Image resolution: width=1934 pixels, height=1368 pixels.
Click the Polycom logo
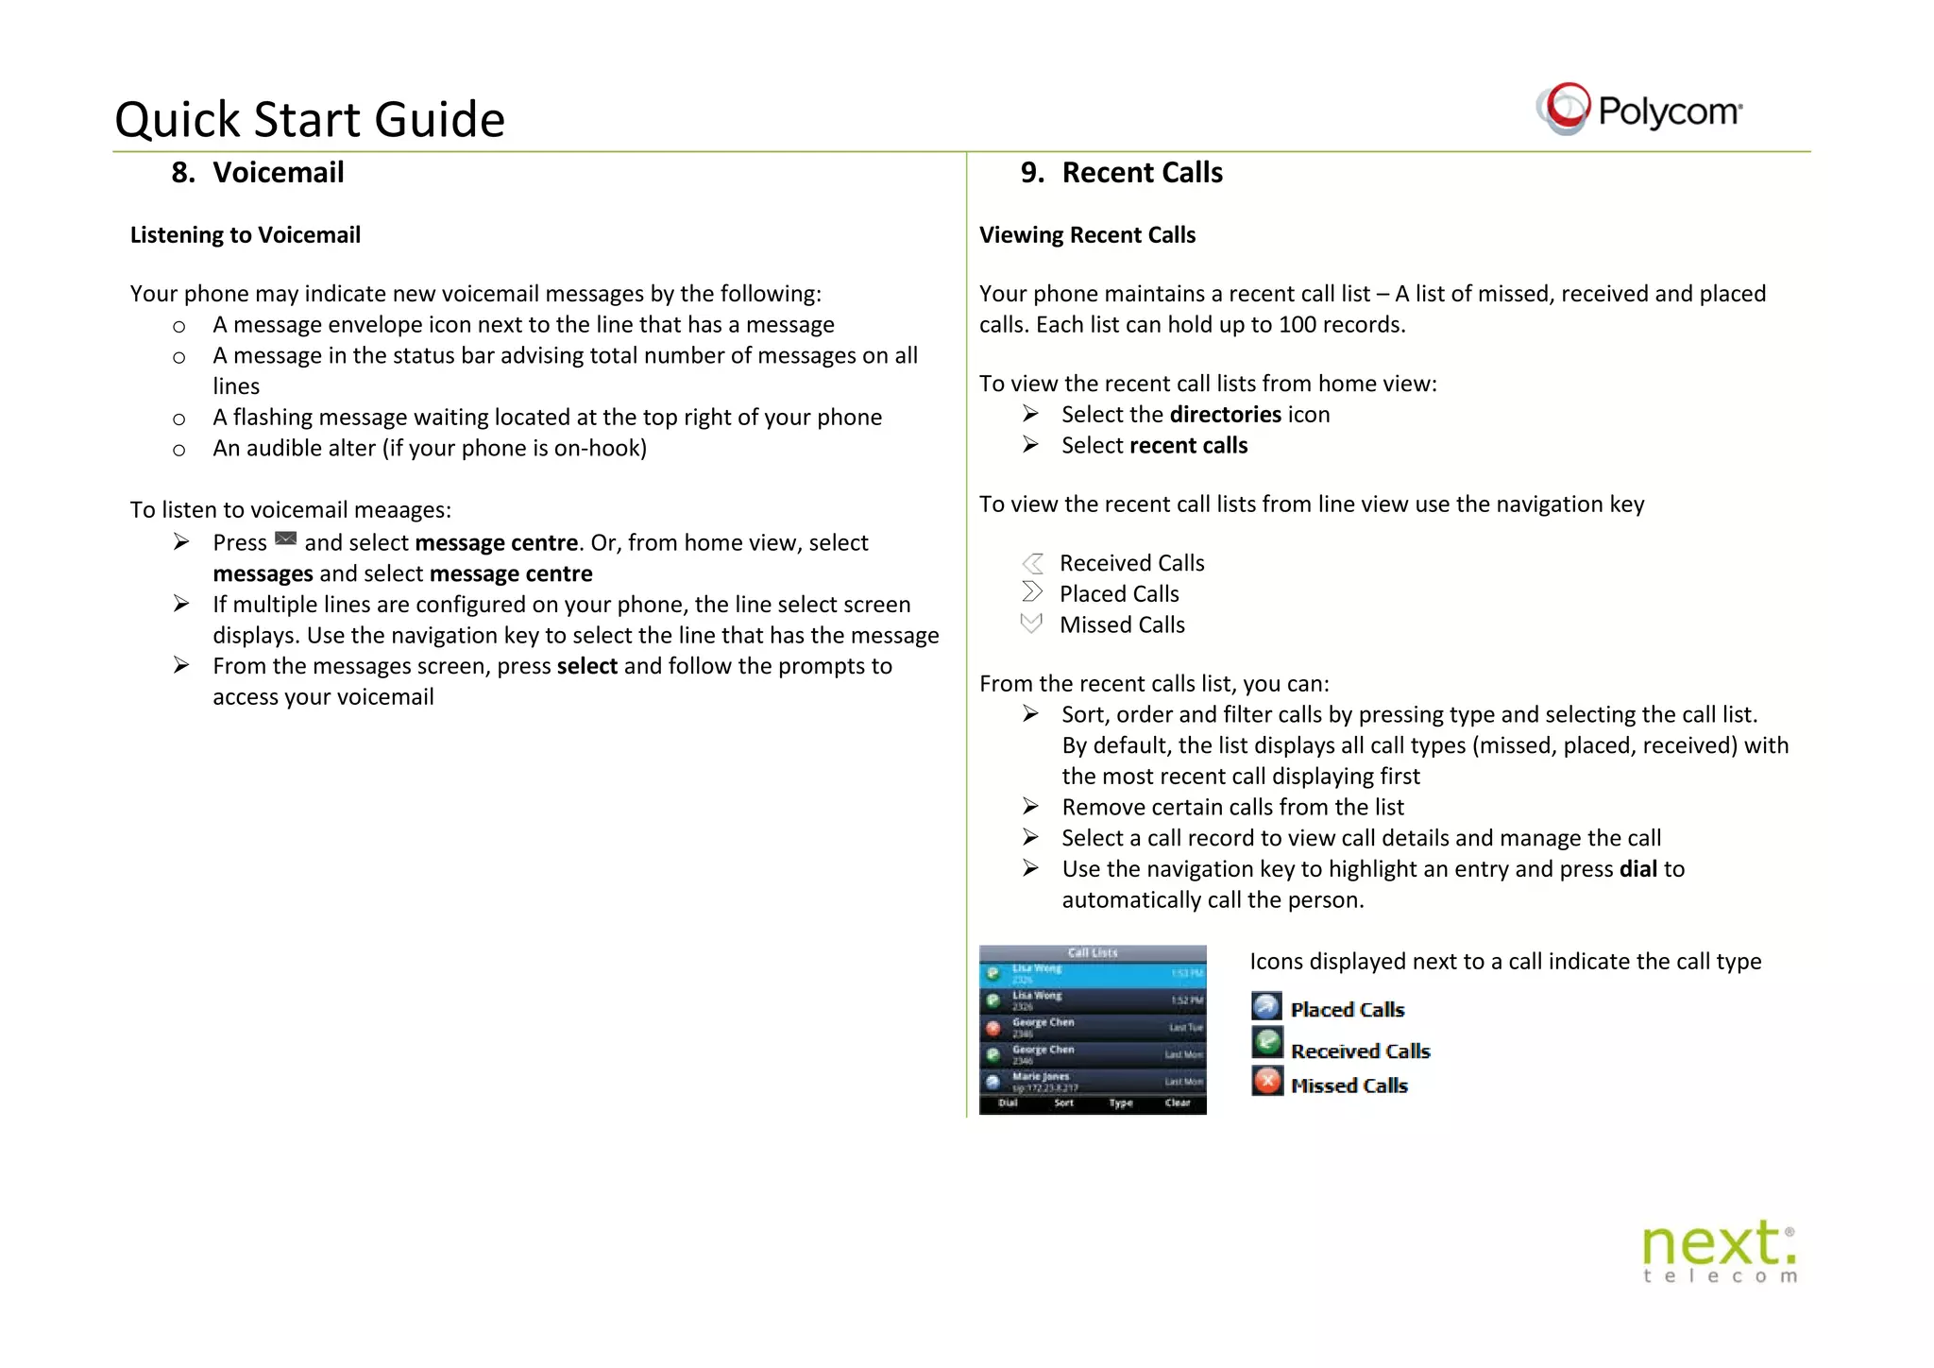(x=1638, y=110)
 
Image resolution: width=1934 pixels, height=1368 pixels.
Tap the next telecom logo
(x=1719, y=1251)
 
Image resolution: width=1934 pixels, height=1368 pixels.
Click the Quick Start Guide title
(x=310, y=120)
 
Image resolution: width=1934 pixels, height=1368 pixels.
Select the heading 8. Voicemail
(x=258, y=173)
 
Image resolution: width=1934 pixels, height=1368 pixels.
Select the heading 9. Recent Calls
(x=1121, y=173)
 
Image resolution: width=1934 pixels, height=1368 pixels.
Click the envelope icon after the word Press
(x=285, y=539)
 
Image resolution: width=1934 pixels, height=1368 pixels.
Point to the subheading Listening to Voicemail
(x=246, y=235)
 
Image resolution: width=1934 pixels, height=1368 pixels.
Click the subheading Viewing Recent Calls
(x=1087, y=235)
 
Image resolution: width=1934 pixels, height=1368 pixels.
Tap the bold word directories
(x=1224, y=415)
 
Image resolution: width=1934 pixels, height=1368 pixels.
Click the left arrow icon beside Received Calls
(x=1032, y=563)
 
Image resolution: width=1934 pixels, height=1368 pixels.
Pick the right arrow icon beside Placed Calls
(x=1032, y=592)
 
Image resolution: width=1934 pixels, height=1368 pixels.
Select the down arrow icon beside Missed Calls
(x=1031, y=624)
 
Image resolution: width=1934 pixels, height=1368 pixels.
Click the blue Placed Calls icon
(x=1266, y=1007)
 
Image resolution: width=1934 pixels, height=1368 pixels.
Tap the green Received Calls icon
(x=1267, y=1042)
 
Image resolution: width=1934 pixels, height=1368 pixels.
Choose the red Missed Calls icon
(x=1267, y=1081)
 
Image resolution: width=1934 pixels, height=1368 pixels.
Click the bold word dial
(x=1637, y=869)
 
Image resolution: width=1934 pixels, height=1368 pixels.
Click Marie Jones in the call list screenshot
(x=1041, y=1076)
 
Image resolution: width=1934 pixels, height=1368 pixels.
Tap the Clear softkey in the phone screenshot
(x=1177, y=1103)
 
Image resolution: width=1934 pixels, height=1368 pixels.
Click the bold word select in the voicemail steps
(x=586, y=667)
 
